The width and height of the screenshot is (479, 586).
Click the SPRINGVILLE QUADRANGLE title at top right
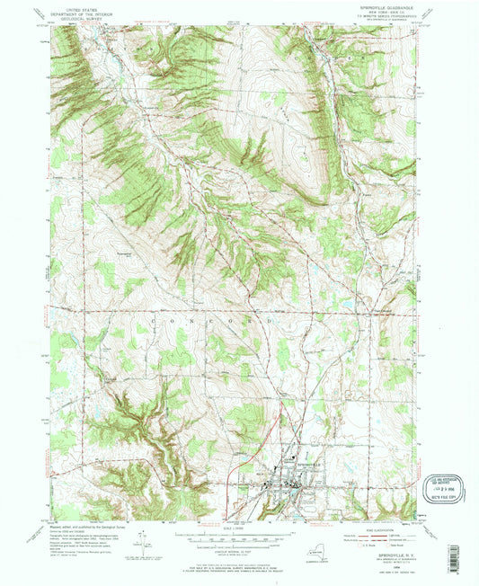[381, 6]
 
